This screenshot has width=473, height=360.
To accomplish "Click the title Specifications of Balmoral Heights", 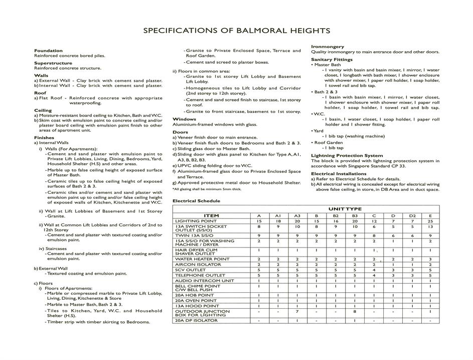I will (x=236, y=31).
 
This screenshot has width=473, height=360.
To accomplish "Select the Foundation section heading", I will (x=48, y=51).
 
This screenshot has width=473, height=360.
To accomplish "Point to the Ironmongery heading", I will (x=328, y=47).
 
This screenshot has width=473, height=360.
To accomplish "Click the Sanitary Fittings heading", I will (x=332, y=60).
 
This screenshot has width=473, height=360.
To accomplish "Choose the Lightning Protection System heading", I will (x=347, y=156).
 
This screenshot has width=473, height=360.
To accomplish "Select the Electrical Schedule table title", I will (x=196, y=201).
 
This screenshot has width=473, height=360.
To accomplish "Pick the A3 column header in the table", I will (x=297, y=215).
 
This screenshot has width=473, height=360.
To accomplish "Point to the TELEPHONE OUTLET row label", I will (x=200, y=275).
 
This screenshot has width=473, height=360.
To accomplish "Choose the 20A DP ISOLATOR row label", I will (x=196, y=320).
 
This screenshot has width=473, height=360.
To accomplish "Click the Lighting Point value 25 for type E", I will (x=430, y=221).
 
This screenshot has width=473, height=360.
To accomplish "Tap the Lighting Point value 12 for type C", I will (x=374, y=221).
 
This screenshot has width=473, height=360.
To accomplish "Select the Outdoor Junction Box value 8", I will (x=355, y=312).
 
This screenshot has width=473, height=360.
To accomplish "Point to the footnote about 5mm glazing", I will (x=207, y=189).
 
